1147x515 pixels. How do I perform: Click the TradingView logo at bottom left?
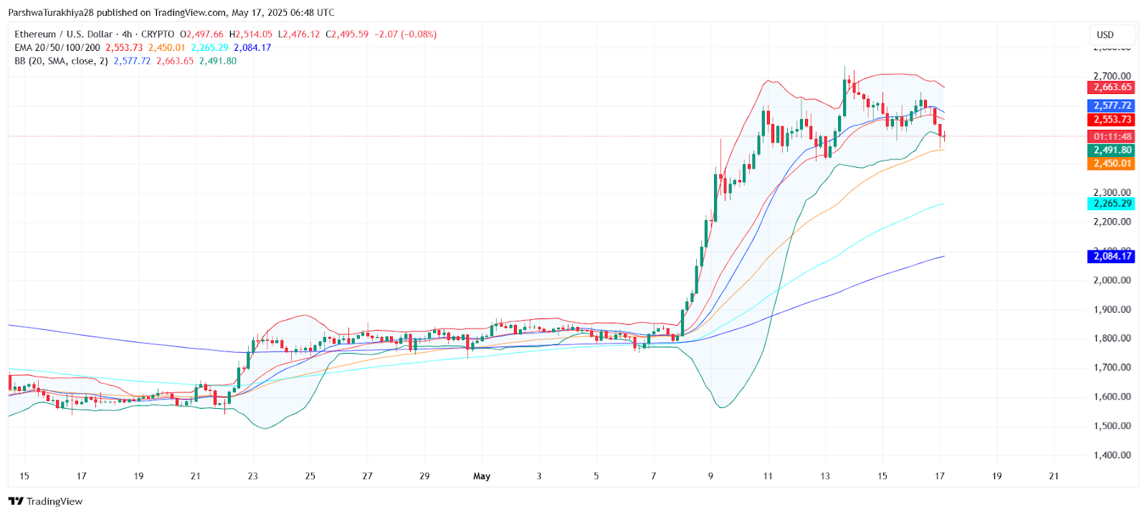[45, 501]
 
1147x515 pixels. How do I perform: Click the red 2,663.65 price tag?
[1112, 88]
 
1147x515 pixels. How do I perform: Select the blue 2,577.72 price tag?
[1112, 105]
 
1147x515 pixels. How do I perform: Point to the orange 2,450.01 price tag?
[1112, 164]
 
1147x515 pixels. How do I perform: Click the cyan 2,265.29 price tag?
[1112, 204]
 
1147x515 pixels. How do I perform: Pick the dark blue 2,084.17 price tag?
[1112, 256]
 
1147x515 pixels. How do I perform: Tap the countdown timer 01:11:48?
[1112, 136]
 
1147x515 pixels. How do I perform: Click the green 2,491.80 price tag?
[1112, 150]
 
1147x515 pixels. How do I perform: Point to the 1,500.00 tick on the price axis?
[1112, 426]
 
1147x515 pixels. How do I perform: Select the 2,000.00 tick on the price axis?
[1112, 280]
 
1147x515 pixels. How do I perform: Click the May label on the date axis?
[482, 476]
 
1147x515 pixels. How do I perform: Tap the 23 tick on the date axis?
[252, 476]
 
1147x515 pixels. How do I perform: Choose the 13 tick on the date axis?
[825, 476]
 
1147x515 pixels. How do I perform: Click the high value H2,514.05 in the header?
[251, 34]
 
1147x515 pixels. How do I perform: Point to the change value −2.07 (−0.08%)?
[405, 34]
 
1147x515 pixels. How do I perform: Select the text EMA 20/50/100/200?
[57, 48]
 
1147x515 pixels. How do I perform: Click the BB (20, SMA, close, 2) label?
[61, 62]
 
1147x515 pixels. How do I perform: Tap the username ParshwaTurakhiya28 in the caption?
[51, 13]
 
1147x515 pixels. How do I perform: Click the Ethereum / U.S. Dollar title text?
[64, 34]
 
